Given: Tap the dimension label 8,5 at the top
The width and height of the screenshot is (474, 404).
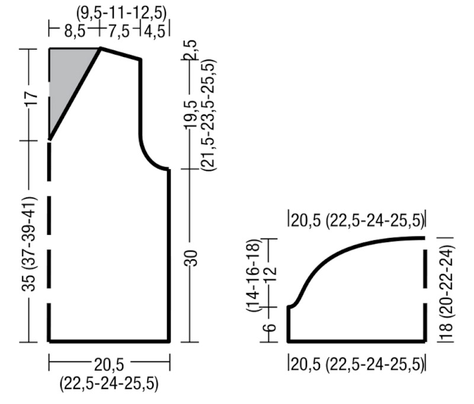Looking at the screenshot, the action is (x=75, y=31).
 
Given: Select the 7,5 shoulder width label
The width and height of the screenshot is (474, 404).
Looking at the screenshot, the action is (x=119, y=31).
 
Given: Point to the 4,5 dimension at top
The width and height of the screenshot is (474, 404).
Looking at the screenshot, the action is (x=155, y=31).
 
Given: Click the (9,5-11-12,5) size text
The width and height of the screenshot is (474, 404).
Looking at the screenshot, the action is (x=121, y=13).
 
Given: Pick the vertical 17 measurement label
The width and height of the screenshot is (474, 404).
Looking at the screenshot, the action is (x=31, y=98).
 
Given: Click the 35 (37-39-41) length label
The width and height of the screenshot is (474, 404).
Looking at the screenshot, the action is (x=29, y=244).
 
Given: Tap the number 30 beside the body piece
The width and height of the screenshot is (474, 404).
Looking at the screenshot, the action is (x=191, y=258).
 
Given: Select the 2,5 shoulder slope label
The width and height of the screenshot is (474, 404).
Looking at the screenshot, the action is (x=191, y=50).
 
